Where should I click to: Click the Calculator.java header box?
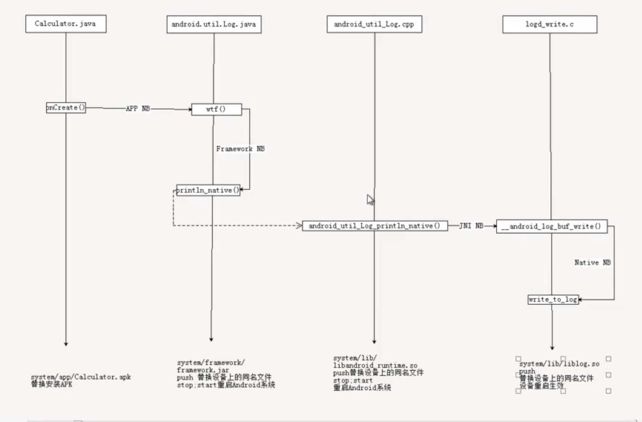coord(66,24)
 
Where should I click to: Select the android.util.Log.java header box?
coord(214,24)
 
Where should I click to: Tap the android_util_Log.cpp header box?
coord(374,24)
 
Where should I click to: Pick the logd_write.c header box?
coord(549,24)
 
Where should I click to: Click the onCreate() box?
coord(66,108)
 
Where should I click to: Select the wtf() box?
coord(216,109)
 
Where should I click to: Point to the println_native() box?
coord(208,190)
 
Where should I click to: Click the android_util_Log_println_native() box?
coord(374,226)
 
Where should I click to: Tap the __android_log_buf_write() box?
coord(551,226)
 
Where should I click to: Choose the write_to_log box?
coord(553,299)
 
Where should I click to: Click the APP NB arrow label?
coord(138,109)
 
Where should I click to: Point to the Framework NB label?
coord(240,149)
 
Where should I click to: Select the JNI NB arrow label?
coord(471,226)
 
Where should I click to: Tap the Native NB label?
coord(593,263)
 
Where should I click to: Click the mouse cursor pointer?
coord(370,199)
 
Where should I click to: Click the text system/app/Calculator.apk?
coord(81,377)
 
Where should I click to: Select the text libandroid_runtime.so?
coord(375,365)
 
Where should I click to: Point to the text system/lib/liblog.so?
coord(559,364)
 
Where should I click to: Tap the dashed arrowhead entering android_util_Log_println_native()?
coord(299,225)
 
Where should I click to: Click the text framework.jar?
coord(203,370)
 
